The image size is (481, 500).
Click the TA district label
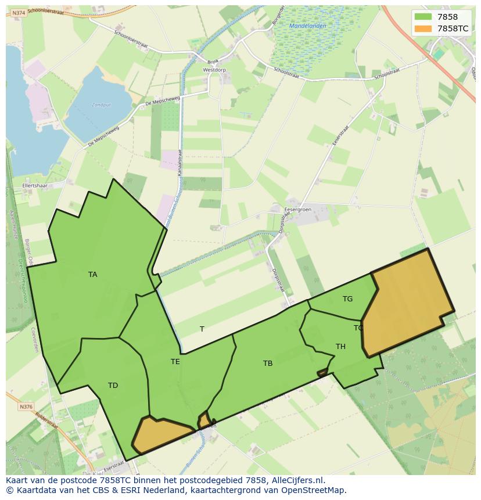[93, 275]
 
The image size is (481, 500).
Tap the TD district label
[113, 386]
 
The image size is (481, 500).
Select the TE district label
[175, 362]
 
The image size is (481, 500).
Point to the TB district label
[268, 364]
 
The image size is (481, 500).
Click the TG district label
[347, 299]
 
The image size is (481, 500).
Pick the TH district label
[340, 347]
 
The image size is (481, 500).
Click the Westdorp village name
[214, 70]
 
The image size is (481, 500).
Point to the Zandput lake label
[101, 105]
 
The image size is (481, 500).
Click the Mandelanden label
[308, 26]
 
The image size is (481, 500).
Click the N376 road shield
[26, 407]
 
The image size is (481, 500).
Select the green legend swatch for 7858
[423, 17]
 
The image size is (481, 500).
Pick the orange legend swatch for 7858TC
[423, 28]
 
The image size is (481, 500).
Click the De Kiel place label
[94, 466]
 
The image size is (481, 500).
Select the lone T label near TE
[202, 329]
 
